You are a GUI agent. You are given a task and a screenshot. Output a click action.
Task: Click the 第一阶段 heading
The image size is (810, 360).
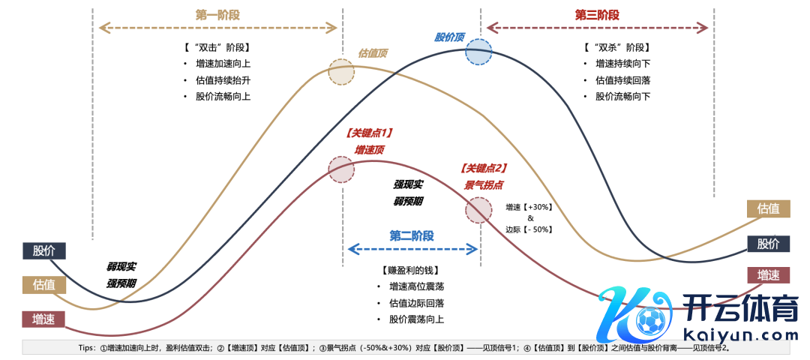[x=217, y=15]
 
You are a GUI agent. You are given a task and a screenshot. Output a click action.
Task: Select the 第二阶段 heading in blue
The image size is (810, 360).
[x=412, y=235]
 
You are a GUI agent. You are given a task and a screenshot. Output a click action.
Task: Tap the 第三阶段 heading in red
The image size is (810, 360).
[x=597, y=15]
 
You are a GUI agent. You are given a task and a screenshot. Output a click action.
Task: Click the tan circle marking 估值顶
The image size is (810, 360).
[x=342, y=72]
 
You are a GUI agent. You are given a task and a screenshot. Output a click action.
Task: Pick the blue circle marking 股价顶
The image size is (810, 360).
[x=478, y=53]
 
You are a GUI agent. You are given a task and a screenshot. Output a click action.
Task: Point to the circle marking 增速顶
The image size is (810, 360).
[x=342, y=169]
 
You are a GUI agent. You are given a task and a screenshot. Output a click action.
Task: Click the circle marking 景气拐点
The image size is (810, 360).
[x=478, y=210]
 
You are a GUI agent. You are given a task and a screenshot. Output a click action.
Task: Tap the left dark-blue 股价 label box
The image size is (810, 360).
[x=44, y=251]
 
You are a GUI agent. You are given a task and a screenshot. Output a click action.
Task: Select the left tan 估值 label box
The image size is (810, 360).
[x=44, y=285]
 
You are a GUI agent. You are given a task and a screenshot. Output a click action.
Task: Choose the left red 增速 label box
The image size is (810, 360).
[x=44, y=319]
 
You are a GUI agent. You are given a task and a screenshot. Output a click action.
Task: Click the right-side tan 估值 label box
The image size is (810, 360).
[x=768, y=208]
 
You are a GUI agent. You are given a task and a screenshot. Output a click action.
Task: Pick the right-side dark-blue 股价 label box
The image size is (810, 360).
[x=768, y=244]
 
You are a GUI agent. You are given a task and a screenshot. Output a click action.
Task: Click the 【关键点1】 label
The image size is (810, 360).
[x=370, y=133]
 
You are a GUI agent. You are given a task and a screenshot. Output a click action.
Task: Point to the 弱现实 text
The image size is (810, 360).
[x=121, y=266]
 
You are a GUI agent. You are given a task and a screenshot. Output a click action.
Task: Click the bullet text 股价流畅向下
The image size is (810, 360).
[x=622, y=97]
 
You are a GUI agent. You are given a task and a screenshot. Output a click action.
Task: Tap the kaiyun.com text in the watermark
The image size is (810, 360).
[x=732, y=335]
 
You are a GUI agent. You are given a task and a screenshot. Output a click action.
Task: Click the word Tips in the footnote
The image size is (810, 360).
[x=87, y=348]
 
